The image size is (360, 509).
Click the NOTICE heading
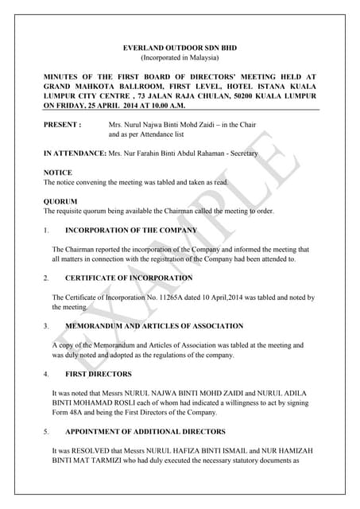57,173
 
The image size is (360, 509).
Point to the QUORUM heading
60,201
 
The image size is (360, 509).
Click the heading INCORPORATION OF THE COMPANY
131,230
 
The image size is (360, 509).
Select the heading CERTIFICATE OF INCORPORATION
129,278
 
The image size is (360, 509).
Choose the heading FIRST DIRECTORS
99,374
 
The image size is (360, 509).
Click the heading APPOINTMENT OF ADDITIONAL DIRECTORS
145,432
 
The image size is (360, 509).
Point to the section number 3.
46,326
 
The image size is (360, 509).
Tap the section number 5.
46,432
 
